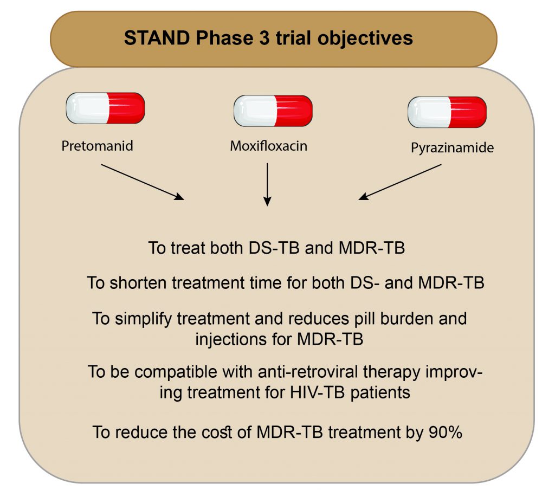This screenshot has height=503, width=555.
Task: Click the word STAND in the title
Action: click(157, 38)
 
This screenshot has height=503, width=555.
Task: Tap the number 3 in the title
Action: click(264, 38)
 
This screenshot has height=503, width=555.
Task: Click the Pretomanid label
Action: click(98, 146)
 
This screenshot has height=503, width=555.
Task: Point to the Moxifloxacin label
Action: click(269, 146)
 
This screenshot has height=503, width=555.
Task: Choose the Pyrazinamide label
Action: click(452, 148)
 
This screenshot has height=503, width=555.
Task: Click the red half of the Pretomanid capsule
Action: click(126, 108)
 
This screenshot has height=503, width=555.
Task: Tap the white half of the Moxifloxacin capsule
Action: click(255, 111)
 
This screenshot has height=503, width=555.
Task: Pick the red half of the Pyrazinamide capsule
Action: click(467, 112)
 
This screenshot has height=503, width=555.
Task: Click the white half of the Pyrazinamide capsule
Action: click(429, 112)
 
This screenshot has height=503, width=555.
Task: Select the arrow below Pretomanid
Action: click(143, 182)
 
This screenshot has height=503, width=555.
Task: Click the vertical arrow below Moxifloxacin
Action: click(267, 184)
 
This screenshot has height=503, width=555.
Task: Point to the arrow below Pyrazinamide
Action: click(400, 182)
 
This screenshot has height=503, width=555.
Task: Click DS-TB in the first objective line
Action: click(274, 248)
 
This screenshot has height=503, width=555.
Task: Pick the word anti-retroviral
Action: click(308, 372)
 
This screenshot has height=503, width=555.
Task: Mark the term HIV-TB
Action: click(317, 392)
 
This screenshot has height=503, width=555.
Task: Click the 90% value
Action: click(446, 432)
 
